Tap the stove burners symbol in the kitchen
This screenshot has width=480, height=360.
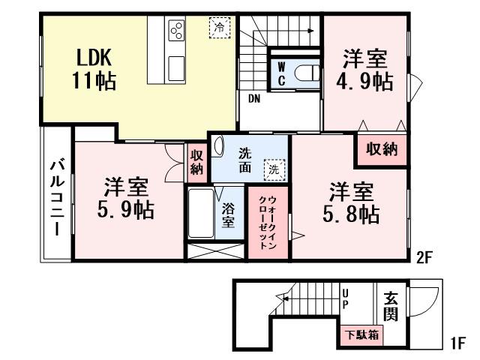177,31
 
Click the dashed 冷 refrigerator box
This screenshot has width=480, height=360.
218,26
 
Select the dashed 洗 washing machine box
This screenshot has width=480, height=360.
275,169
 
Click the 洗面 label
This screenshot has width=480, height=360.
245,159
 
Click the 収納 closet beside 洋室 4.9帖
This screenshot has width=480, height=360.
382,148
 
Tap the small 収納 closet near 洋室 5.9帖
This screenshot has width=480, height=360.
196,161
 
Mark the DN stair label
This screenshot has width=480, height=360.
254,97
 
